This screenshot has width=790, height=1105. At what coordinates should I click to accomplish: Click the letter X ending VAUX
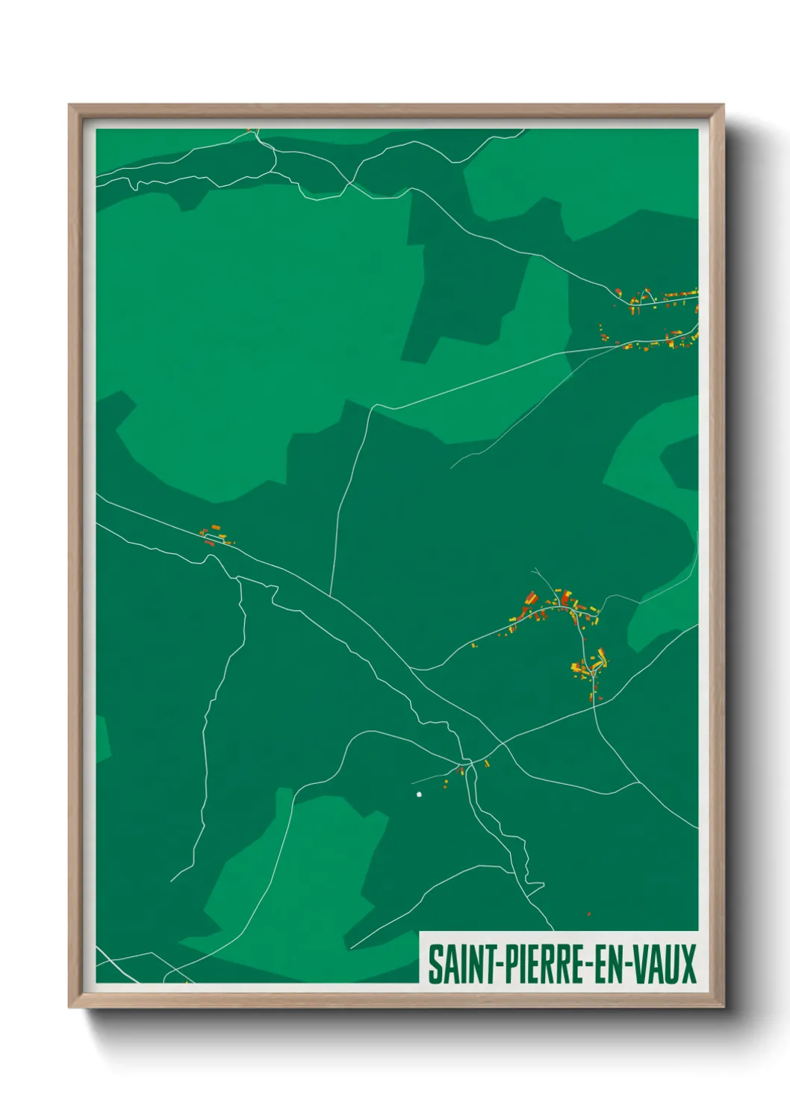[688, 964]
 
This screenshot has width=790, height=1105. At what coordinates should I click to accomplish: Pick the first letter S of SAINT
[434, 964]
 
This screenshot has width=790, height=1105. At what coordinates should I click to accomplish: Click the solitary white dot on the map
[419, 794]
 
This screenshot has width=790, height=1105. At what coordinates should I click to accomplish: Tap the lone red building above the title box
[589, 913]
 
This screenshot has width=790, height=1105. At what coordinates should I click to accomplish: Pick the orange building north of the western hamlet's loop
[216, 528]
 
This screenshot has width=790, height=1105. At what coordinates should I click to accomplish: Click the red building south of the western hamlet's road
[209, 543]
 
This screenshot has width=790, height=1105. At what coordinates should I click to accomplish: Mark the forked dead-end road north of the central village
[541, 579]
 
